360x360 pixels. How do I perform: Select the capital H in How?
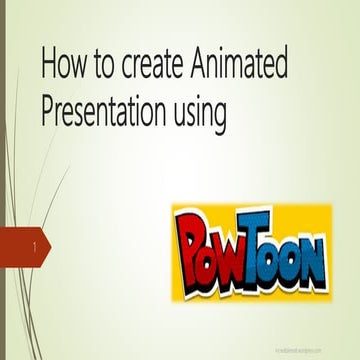point(49,66)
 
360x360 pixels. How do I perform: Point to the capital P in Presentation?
point(47,111)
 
